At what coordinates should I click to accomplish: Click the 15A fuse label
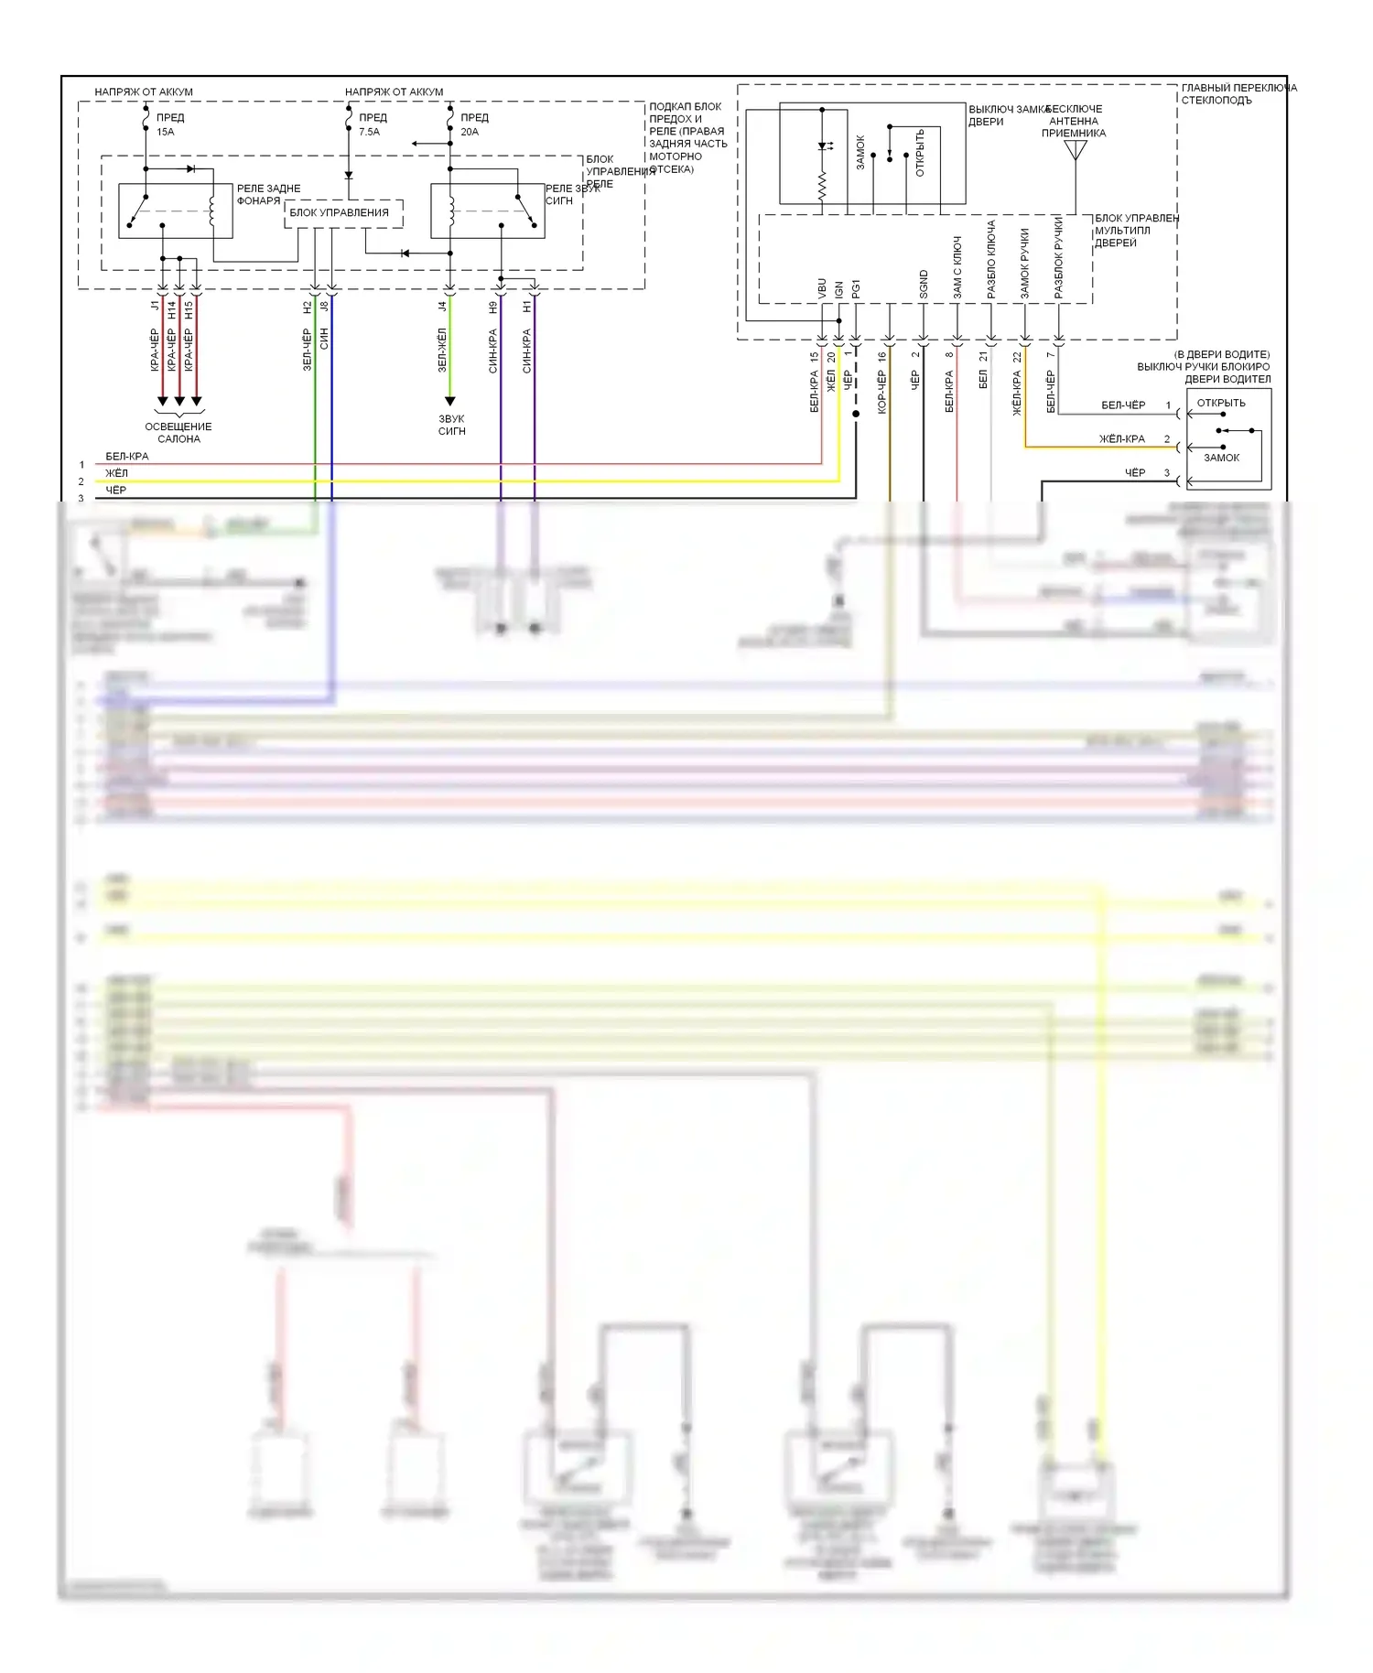pos(165,132)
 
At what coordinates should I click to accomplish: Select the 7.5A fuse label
pos(369,132)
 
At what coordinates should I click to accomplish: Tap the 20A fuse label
pos(470,132)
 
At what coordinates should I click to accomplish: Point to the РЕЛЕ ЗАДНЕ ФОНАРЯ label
pos(267,195)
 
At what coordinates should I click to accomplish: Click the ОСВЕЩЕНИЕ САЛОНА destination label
pos(178,433)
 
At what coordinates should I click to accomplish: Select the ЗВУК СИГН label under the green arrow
pos(451,425)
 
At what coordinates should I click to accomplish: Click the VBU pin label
pos(822,289)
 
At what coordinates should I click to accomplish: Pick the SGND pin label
pos(924,286)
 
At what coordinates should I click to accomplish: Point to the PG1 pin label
pos(856,289)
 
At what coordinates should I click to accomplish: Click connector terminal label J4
pos(442,308)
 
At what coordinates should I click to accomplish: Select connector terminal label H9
pos(493,308)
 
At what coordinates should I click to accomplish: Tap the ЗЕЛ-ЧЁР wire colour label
pos(308,351)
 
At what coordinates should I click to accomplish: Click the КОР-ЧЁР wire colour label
pos(881,392)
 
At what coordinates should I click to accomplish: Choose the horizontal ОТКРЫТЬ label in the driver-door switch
pos(1221,403)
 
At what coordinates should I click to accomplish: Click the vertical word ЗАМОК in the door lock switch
pos(860,152)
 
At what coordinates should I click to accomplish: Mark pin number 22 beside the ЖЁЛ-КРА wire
pos(1016,357)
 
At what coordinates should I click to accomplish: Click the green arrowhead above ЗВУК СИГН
pos(449,401)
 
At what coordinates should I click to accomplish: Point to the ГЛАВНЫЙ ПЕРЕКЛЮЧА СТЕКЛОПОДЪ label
pos(1238,93)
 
